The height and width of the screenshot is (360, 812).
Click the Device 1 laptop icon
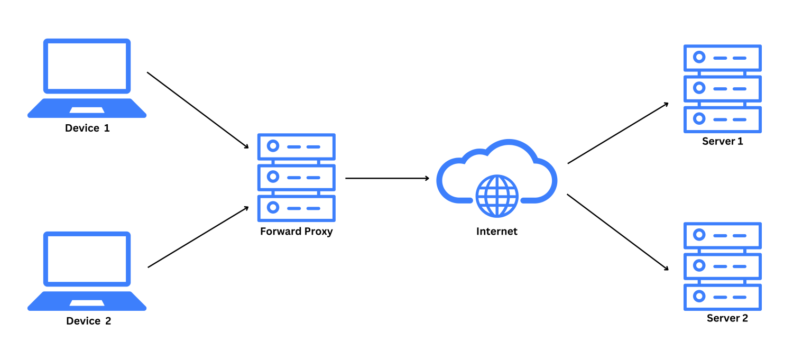[87, 78]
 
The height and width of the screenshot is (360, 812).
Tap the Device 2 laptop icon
[87, 271]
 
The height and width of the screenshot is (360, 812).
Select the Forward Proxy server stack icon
[296, 177]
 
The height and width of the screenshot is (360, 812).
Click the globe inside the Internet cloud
[496, 196]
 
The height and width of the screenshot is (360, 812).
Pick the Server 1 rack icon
[722, 88]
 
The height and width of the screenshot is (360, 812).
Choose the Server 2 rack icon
[722, 266]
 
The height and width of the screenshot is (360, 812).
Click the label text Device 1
[87, 128]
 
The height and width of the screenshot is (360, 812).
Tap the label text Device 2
[88, 321]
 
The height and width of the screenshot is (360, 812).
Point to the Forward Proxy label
[296, 232]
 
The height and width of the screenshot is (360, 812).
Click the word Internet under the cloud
[496, 232]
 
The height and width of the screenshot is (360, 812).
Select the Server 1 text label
[722, 141]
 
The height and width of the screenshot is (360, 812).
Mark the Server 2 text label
[727, 318]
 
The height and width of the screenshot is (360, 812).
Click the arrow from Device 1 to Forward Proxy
[198, 110]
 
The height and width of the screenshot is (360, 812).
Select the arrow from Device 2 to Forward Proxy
[198, 237]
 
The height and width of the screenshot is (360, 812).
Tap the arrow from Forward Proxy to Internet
[387, 178]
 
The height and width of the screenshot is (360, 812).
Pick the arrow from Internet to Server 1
[618, 133]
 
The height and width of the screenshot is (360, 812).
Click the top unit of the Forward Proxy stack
[296, 146]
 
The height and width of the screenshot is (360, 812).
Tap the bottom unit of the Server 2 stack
[722, 297]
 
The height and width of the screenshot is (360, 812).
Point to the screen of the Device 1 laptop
[87, 66]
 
